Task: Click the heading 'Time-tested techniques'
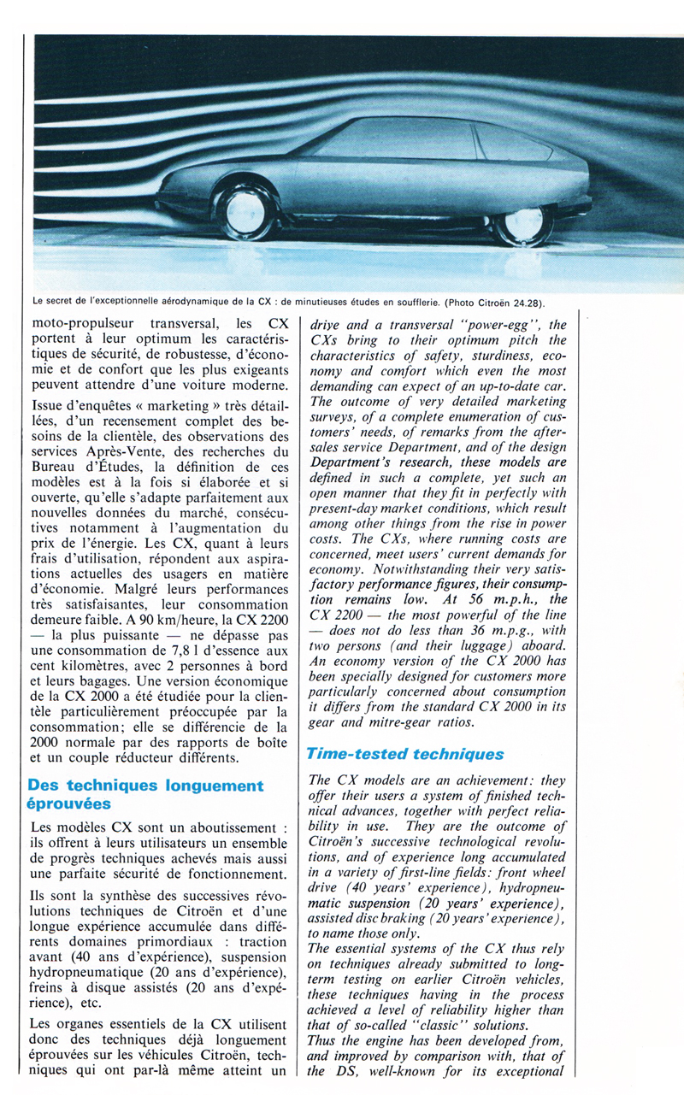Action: (406, 755)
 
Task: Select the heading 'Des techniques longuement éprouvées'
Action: (145, 794)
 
